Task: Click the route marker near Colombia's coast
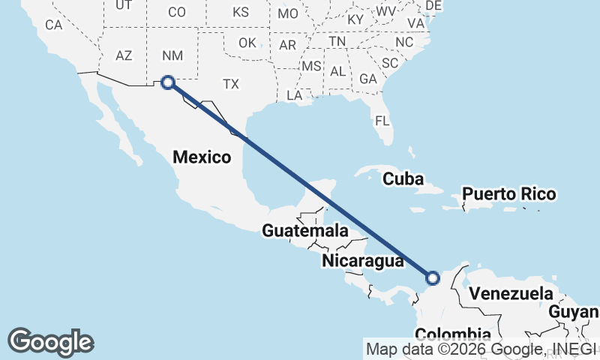(433, 278)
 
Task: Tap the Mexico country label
(201, 157)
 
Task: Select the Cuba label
(403, 179)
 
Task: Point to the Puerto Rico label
(508, 194)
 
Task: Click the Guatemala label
(304, 230)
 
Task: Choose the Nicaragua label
(363, 260)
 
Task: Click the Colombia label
(452, 334)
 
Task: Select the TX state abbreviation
(231, 84)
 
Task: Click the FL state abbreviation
(382, 120)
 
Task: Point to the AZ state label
(124, 55)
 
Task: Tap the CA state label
(53, 24)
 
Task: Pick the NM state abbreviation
(172, 55)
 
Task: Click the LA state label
(294, 95)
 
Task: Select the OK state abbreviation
(247, 43)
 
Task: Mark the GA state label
(367, 79)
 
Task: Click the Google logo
(51, 342)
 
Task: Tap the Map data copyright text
(481, 349)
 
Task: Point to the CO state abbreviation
(176, 12)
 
